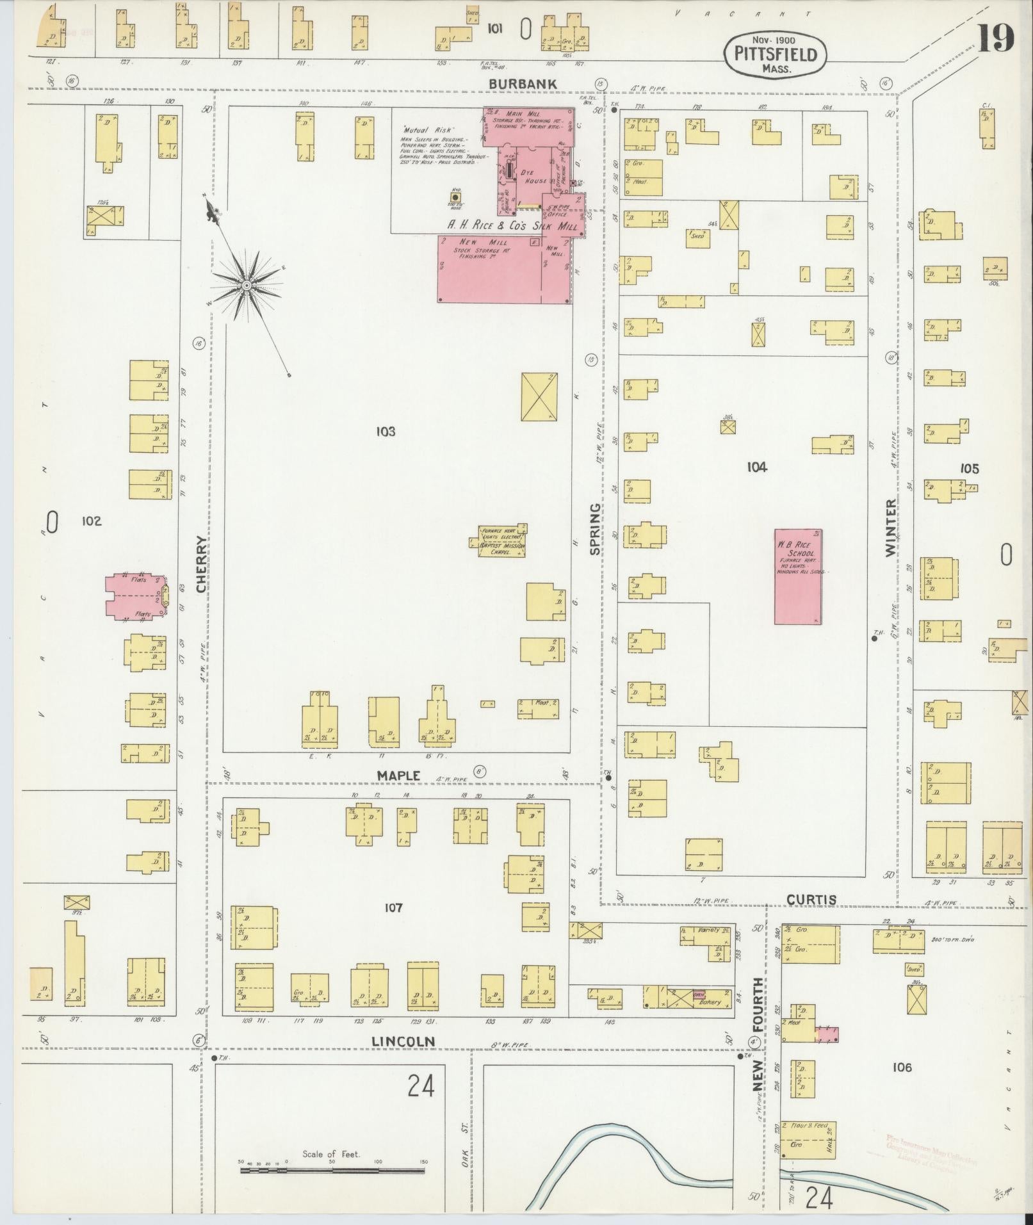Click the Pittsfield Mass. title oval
pyautogui.click(x=775, y=54)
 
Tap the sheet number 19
pyautogui.click(x=995, y=38)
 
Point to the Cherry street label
pyautogui.click(x=202, y=564)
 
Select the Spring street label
pyautogui.click(x=596, y=529)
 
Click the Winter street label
pyautogui.click(x=891, y=528)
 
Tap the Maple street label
pyautogui.click(x=398, y=775)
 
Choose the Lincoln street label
pyautogui.click(x=403, y=1042)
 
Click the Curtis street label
pyautogui.click(x=811, y=900)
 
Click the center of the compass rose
pyautogui.click(x=246, y=284)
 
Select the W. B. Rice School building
pyautogui.click(x=798, y=576)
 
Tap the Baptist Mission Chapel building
pyautogui.click(x=503, y=541)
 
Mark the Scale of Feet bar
pyautogui.click(x=332, y=1169)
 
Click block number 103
pyautogui.click(x=386, y=432)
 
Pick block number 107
pyautogui.click(x=393, y=907)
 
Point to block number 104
pyautogui.click(x=756, y=467)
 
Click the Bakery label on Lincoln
pyautogui.click(x=709, y=1002)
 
